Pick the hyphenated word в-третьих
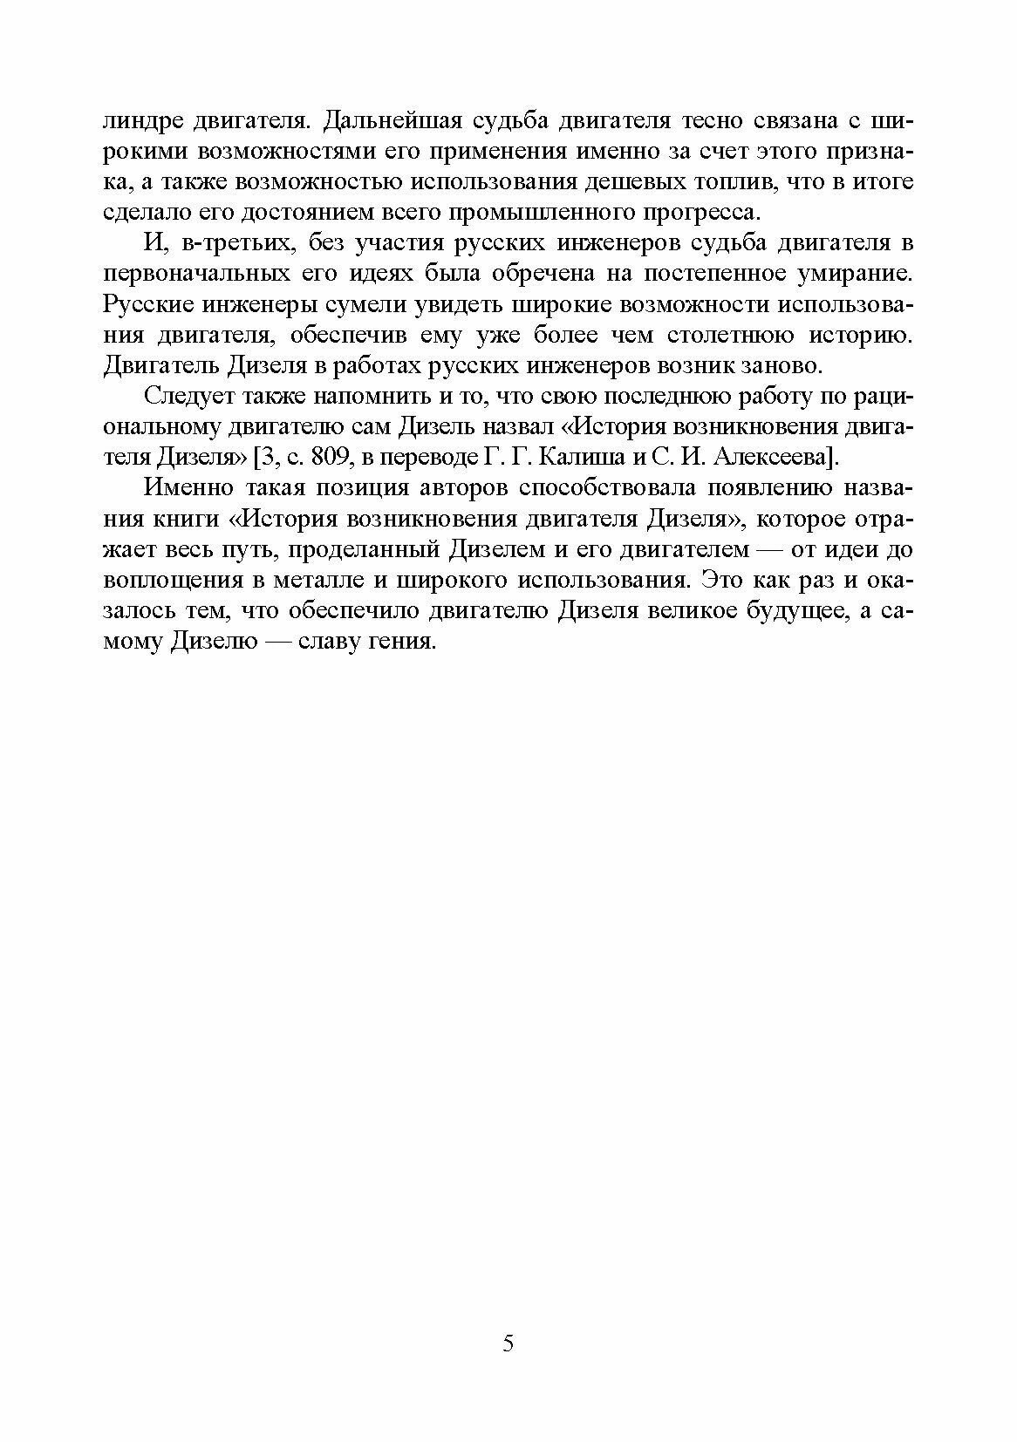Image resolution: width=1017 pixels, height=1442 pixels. click(226, 242)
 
